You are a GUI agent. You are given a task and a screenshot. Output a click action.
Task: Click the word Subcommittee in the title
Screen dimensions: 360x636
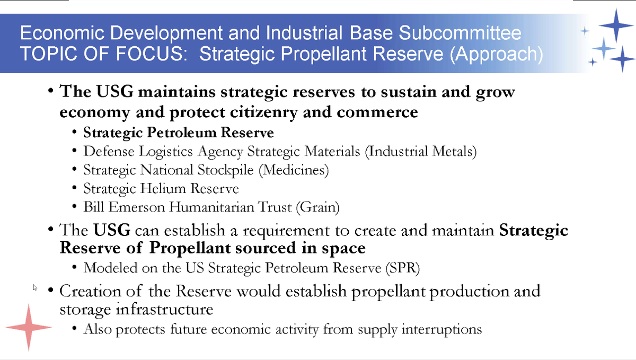pyautogui.click(x=460, y=34)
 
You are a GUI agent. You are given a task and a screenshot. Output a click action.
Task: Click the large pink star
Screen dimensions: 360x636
pyautogui.click(x=28, y=327)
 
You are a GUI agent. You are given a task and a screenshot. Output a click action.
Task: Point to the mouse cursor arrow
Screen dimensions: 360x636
pyautogui.click(x=35, y=287)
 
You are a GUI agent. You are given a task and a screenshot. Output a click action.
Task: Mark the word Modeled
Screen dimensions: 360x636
pyautogui.click(x=109, y=268)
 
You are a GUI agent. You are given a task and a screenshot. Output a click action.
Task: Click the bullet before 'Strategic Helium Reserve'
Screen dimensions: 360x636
pyautogui.click(x=75, y=188)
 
